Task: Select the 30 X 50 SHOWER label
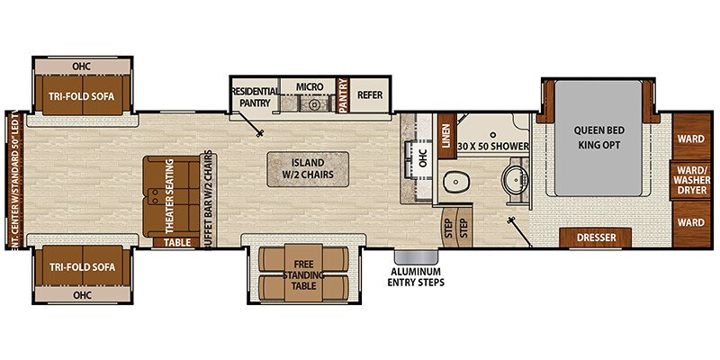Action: pyautogui.click(x=490, y=145)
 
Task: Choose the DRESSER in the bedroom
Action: pyautogui.click(x=595, y=238)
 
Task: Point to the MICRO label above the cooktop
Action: pyautogui.click(x=310, y=86)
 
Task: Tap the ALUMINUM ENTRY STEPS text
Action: pyautogui.click(x=415, y=275)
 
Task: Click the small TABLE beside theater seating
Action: pyautogui.click(x=177, y=241)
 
